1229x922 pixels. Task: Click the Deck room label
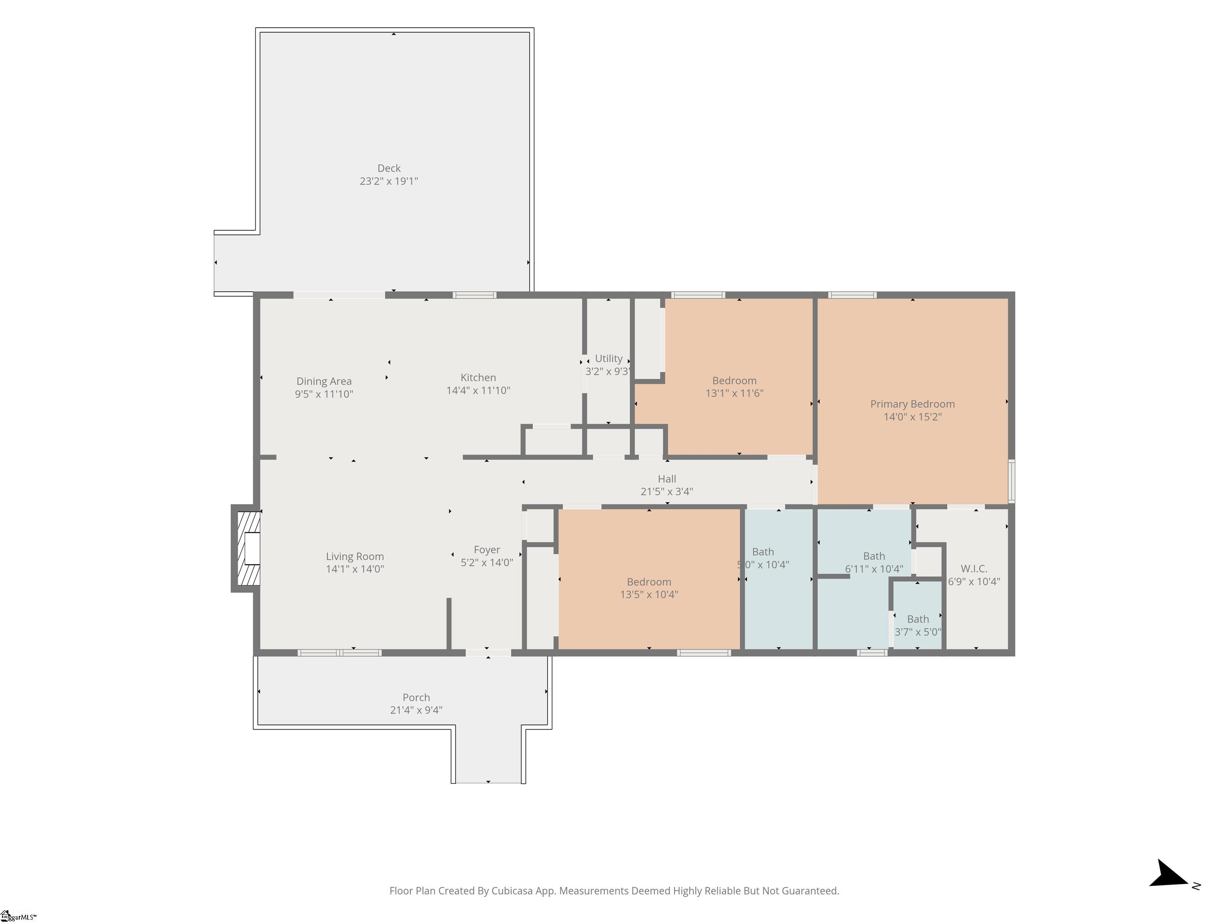pyautogui.click(x=389, y=168)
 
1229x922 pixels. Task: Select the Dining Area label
pyautogui.click(x=324, y=381)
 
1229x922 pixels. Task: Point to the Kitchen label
pyautogui.click(x=478, y=377)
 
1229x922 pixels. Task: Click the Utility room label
pyautogui.click(x=609, y=359)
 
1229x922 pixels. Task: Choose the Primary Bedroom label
pyautogui.click(x=912, y=404)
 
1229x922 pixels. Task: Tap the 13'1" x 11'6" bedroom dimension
pyautogui.click(x=735, y=393)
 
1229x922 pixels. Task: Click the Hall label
pyautogui.click(x=667, y=479)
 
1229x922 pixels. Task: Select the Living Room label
pyautogui.click(x=354, y=556)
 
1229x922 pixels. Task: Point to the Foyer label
pyautogui.click(x=487, y=550)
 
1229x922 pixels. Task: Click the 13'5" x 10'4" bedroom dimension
pyautogui.click(x=649, y=595)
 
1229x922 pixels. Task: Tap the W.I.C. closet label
pyautogui.click(x=974, y=569)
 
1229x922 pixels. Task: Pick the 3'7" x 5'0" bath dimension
pyautogui.click(x=918, y=632)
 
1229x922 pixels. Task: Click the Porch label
pyautogui.click(x=416, y=698)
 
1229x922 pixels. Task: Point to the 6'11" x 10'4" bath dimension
pyautogui.click(x=874, y=569)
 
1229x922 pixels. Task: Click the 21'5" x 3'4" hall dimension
pyautogui.click(x=667, y=491)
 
